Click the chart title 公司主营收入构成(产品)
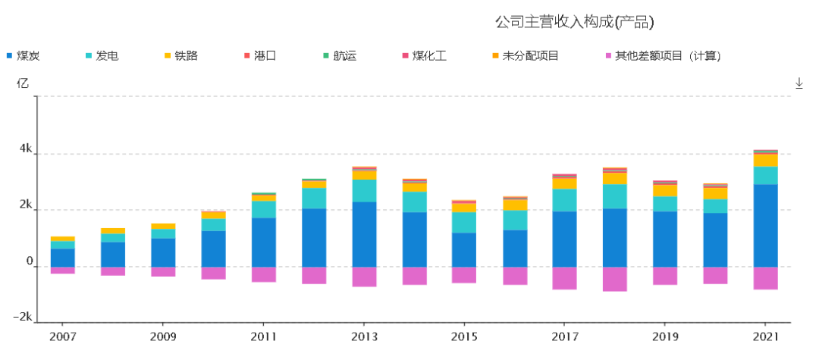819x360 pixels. [x=575, y=22]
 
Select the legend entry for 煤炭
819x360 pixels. [x=24, y=56]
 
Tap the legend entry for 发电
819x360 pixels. [x=102, y=56]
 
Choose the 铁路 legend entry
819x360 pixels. [x=180, y=56]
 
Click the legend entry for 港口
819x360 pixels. [x=259, y=56]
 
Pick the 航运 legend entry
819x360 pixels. [x=340, y=56]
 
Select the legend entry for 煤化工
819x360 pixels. [x=424, y=56]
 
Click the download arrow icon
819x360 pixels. [x=799, y=83]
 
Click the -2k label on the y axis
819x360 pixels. [x=23, y=318]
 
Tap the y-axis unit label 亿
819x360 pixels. [x=23, y=83]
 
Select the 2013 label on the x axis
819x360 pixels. [x=363, y=337]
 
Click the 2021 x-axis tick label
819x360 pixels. [x=765, y=337]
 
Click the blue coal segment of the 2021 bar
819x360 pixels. [x=765, y=225]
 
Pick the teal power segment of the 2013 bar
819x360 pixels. [x=364, y=190]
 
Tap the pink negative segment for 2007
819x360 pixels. [x=63, y=271]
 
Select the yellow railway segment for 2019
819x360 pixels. [x=665, y=190]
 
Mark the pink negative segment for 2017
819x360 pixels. [x=565, y=278]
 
